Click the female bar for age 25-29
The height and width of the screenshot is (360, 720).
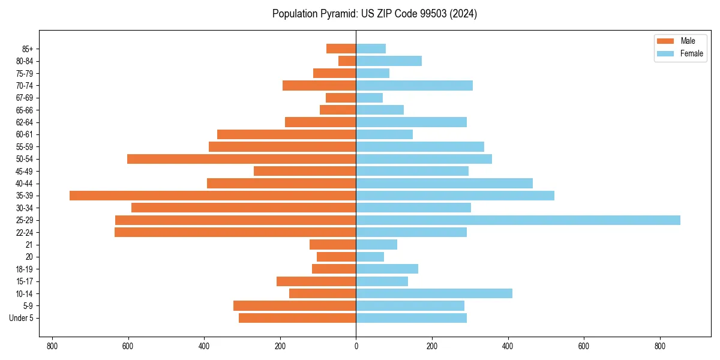[x=518, y=220]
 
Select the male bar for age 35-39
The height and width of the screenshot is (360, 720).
[x=212, y=196]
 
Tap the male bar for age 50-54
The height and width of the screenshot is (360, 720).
[x=241, y=159]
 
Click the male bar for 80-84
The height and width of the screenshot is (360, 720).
[x=347, y=61]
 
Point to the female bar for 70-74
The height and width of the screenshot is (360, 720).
[x=414, y=85]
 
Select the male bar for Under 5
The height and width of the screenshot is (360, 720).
[x=297, y=318]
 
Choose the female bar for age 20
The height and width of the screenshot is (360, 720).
[x=370, y=257]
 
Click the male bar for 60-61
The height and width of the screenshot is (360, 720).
[x=286, y=134]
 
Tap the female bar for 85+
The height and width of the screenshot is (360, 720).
[x=371, y=49]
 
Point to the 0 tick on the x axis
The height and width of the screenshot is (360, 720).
[x=356, y=346]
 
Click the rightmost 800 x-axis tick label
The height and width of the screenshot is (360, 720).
[x=660, y=346]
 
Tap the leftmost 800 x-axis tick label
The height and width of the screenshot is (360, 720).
[x=52, y=346]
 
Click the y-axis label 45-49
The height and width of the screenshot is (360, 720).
[x=25, y=171]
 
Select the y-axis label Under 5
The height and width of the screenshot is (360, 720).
[x=21, y=318]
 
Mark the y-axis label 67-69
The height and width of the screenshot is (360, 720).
[x=25, y=98]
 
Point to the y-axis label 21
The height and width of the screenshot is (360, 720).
[x=29, y=245]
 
